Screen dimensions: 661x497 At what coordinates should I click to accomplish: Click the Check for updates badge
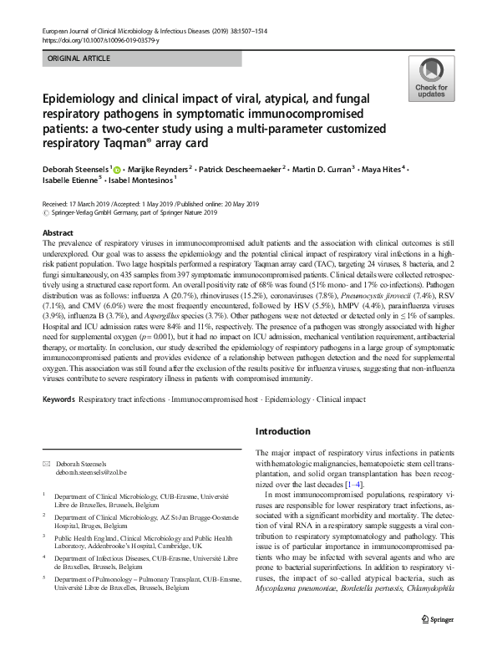pos(431,79)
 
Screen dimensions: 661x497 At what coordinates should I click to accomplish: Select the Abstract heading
pos(58,232)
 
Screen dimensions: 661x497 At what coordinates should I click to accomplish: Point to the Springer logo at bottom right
pos(442,641)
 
